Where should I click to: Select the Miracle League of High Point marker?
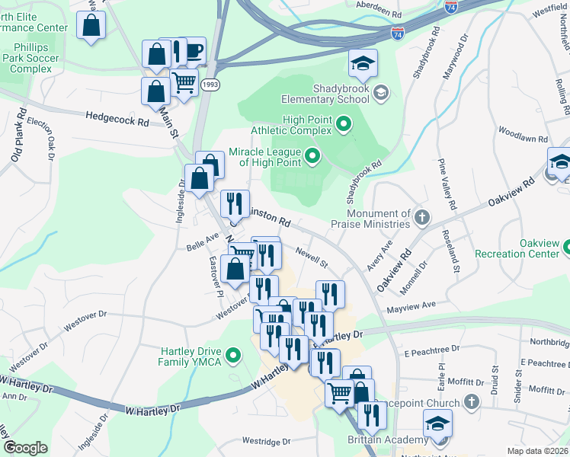click(312, 158)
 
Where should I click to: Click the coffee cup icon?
click(192, 50)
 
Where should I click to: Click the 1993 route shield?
click(211, 85)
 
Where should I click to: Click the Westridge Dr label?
click(266, 441)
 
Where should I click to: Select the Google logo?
click(25, 448)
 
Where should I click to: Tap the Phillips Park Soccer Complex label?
click(27, 58)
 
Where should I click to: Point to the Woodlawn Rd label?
click(523, 135)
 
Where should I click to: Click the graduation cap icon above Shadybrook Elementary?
click(363, 64)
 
